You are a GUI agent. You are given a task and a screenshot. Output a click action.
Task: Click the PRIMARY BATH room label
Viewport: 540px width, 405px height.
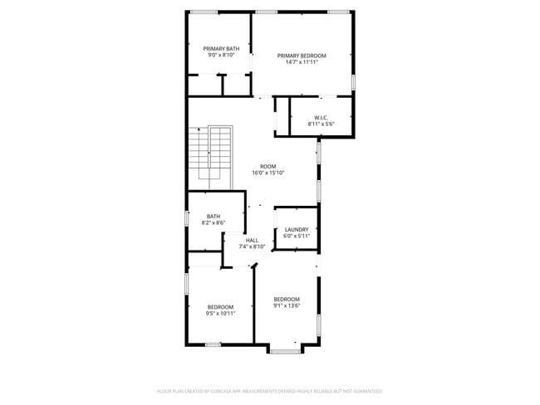coord(221,49)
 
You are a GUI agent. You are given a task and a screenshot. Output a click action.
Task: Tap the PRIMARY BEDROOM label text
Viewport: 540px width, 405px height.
coord(302,56)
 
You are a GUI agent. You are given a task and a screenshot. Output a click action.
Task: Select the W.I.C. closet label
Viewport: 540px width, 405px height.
coord(321,117)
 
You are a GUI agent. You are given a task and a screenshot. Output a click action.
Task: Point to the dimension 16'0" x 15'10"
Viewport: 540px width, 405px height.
coord(268,173)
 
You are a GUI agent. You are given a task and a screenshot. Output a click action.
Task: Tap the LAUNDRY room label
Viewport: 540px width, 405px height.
coord(297,230)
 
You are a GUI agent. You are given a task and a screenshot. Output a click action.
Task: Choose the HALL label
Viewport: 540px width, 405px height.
coord(252,240)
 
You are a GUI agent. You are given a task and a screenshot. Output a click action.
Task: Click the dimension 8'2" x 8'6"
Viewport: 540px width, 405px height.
coord(214,222)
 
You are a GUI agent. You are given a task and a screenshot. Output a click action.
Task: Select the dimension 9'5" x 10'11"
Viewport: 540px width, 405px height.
coord(220,314)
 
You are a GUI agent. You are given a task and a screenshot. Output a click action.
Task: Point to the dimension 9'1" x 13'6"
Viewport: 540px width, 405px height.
coord(287,305)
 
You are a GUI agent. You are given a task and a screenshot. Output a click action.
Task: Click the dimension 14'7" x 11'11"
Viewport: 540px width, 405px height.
coord(302,62)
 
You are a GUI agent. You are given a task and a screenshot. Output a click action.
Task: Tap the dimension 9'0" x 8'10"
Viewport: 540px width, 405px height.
coord(221,56)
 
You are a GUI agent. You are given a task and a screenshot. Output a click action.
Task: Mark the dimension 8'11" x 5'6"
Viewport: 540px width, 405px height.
coord(321,124)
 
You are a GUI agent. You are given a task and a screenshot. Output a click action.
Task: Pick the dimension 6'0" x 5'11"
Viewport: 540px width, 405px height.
coord(297,237)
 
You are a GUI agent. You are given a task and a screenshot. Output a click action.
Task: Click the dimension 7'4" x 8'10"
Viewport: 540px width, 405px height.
coord(252,246)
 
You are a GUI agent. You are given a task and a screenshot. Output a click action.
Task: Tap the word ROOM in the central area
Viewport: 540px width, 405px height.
coord(268,166)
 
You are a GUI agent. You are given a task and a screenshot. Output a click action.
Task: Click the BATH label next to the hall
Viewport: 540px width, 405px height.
coord(214,216)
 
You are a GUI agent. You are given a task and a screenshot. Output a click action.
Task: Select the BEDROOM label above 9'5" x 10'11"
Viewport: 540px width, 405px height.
coord(220,307)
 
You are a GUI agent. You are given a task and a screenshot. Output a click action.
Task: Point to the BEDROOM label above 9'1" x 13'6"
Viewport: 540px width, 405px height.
coord(287,299)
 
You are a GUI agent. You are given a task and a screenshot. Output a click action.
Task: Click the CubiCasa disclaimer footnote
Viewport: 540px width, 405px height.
coord(269,390)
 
